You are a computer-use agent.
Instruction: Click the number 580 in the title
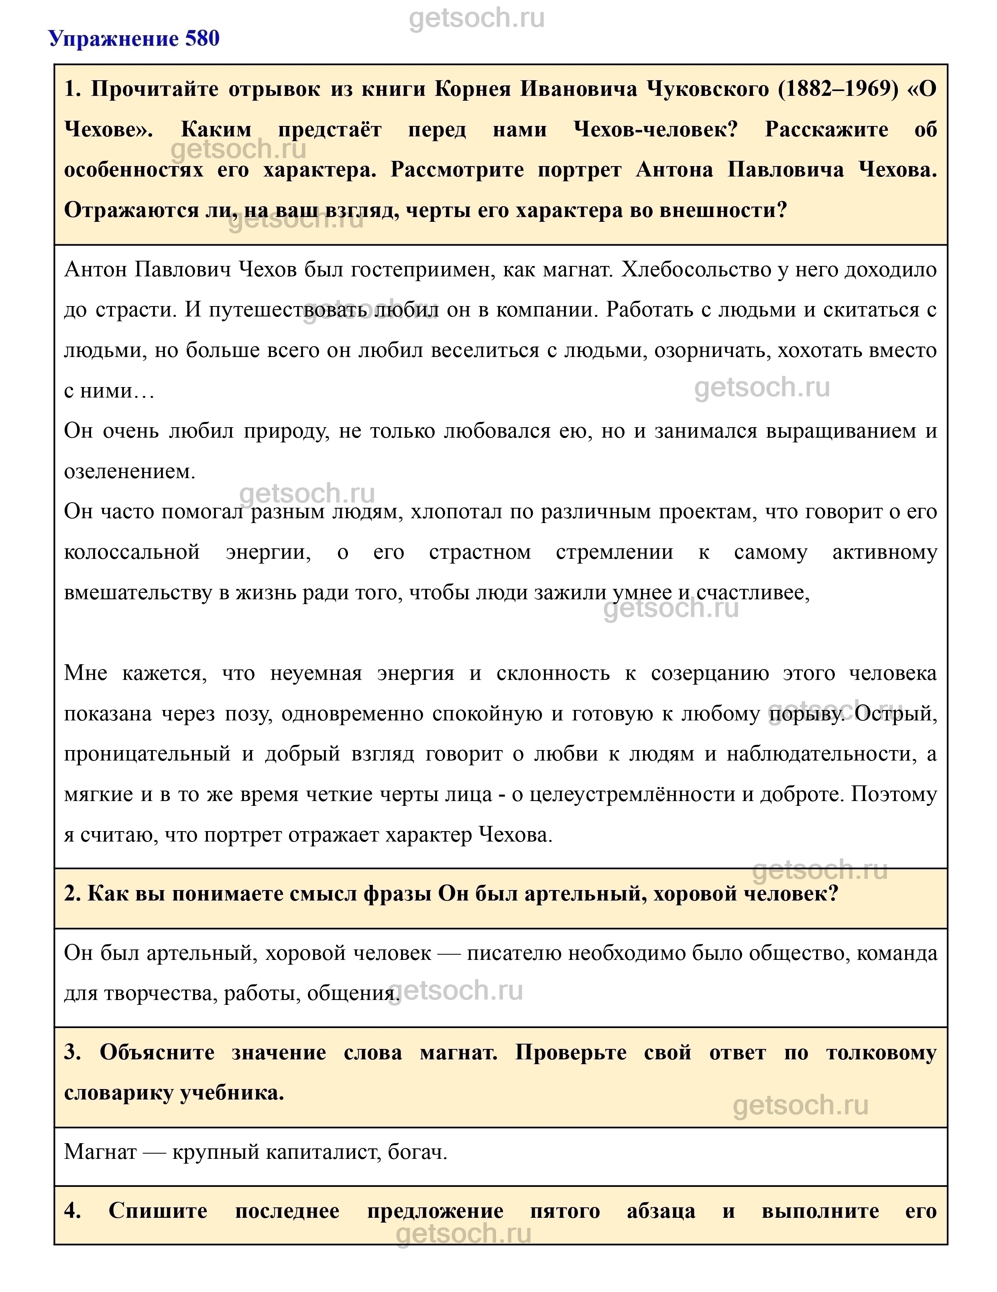click(202, 39)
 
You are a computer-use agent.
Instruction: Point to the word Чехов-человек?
click(655, 129)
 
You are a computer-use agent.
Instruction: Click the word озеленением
click(129, 471)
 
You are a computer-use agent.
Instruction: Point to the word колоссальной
click(131, 552)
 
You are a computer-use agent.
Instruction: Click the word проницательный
click(147, 754)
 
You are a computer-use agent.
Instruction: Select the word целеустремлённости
click(632, 795)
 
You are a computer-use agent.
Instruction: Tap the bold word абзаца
click(661, 1211)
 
